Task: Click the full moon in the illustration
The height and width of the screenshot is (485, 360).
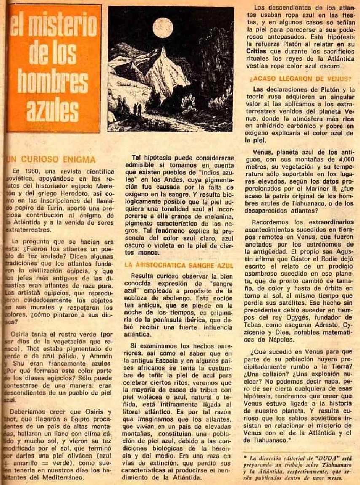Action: [163, 27]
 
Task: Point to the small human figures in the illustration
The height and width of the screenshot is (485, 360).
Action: [137, 110]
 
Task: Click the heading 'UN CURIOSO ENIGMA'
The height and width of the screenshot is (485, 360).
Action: [51, 159]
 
